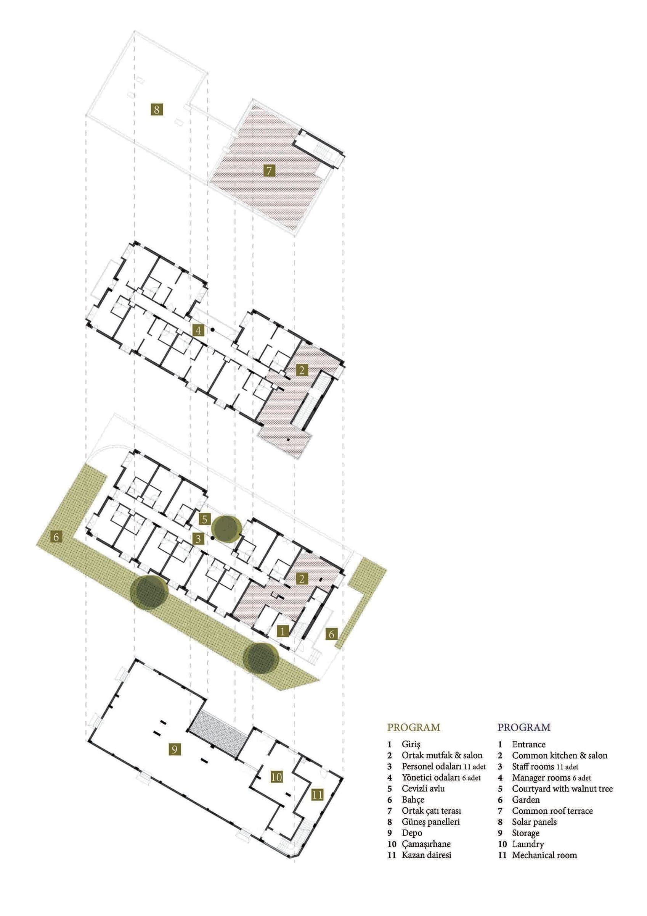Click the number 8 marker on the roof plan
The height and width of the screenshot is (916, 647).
tap(157, 109)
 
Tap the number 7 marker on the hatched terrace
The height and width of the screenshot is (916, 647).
tap(270, 171)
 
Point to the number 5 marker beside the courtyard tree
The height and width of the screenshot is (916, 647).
tap(204, 519)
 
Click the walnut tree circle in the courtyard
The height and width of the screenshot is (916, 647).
tap(226, 528)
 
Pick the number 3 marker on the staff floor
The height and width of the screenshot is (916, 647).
tap(199, 539)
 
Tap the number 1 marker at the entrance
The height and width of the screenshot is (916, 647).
tap(283, 631)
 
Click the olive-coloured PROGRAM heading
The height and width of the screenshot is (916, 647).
tap(413, 727)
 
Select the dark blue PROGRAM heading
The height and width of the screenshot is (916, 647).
tap(524, 727)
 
